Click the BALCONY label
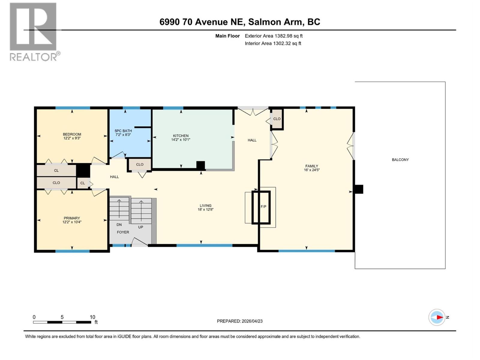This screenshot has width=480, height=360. [400, 160]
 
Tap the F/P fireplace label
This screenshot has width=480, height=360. [263, 207]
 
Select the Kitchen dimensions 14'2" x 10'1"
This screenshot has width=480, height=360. [181, 140]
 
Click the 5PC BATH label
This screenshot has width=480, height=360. [123, 131]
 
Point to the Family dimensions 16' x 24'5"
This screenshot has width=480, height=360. [312, 170]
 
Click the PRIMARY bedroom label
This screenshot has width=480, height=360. [72, 218]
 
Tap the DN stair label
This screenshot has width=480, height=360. [119, 225]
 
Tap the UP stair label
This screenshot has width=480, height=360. [140, 227]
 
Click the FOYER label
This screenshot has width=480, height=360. [123, 232]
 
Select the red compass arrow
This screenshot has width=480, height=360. [439, 317]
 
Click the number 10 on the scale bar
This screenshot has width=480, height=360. [92, 317]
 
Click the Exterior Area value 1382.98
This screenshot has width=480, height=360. [283, 36]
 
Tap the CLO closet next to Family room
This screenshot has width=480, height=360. [277, 119]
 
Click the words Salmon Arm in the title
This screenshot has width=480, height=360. [275, 22]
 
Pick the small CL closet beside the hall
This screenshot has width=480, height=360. [82, 183]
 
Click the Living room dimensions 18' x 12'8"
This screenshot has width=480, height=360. [205, 210]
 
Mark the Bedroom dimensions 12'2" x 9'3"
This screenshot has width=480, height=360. [72, 138]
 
